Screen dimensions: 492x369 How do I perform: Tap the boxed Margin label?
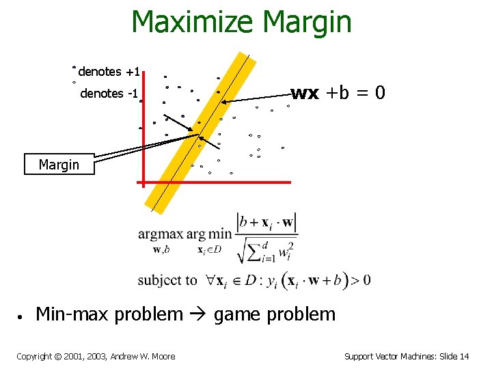[x=59, y=165]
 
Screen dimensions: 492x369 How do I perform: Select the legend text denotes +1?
[x=109, y=72]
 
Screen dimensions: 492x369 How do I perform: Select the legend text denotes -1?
[x=109, y=94]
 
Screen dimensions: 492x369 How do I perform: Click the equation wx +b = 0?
[x=339, y=93]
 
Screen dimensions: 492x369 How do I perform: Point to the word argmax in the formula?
[x=161, y=234]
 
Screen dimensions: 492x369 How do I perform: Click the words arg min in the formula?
[x=209, y=234]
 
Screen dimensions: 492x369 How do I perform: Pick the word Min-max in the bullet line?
[x=71, y=314]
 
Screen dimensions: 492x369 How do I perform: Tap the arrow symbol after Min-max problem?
[x=198, y=315]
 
